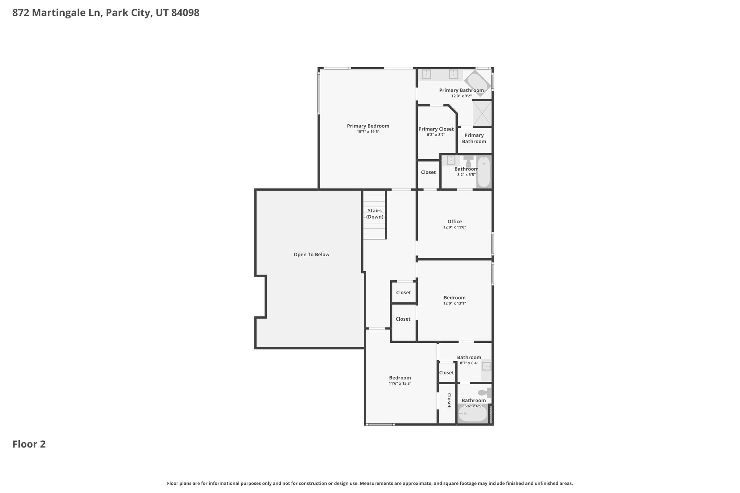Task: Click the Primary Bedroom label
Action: point(368,126)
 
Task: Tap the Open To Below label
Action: point(311,255)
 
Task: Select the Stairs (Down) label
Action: point(375,214)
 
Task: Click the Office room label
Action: point(455,221)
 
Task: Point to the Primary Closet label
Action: point(436,129)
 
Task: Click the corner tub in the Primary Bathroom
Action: point(477,83)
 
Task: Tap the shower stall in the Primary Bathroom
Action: point(482,113)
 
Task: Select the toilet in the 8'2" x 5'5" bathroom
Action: point(468,161)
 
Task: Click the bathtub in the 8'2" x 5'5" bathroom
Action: point(484,172)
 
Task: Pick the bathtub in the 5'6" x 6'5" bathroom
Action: point(473,414)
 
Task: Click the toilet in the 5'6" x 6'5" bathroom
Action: point(485,393)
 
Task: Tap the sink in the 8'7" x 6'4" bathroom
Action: point(486,367)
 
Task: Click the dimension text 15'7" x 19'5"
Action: point(368,132)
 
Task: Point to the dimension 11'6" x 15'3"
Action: point(400,384)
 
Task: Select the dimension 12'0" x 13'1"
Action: point(455,303)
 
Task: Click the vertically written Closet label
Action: point(449,401)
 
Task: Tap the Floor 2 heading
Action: point(29,444)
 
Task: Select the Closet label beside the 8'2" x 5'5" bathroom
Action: point(428,172)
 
